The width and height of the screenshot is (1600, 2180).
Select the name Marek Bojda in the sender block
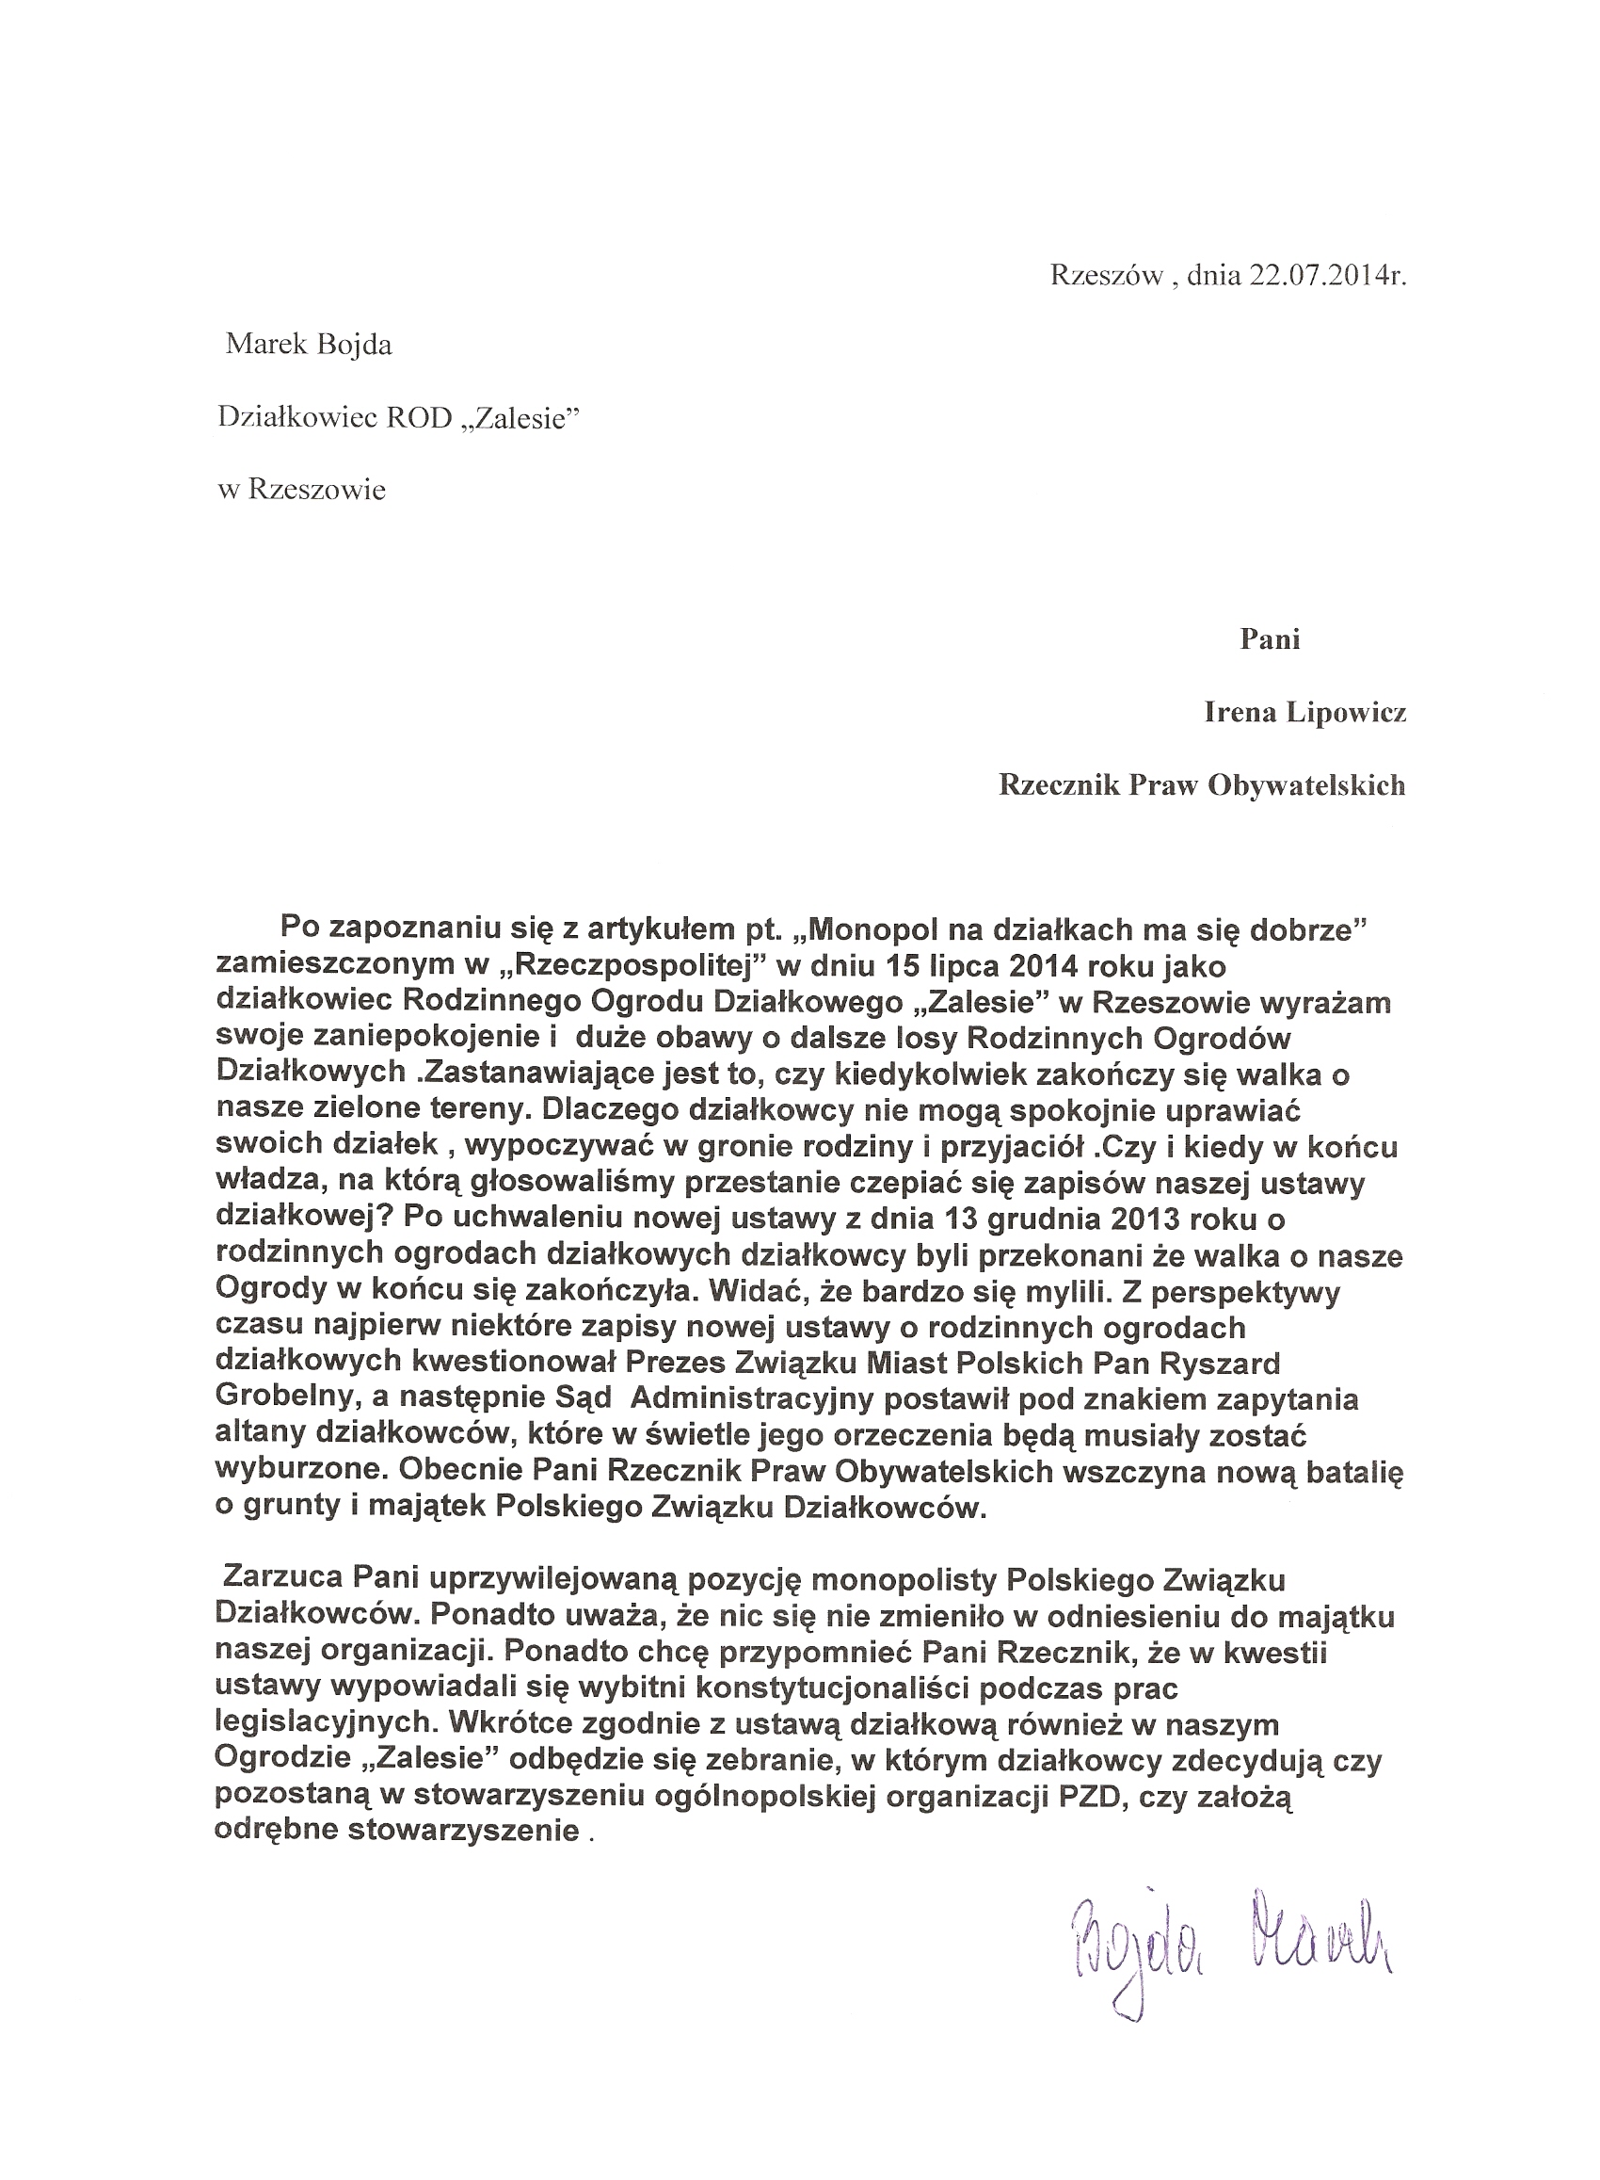tap(308, 345)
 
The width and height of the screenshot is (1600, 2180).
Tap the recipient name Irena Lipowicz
tap(1304, 712)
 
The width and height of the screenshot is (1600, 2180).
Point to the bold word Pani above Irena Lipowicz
tap(1270, 639)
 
